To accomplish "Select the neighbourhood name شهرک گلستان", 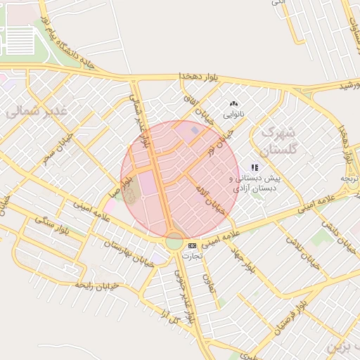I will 279,141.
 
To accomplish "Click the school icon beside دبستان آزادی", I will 255,168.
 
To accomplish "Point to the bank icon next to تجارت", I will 192,245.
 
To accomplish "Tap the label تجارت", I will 192,256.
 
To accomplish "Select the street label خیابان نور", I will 221,141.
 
